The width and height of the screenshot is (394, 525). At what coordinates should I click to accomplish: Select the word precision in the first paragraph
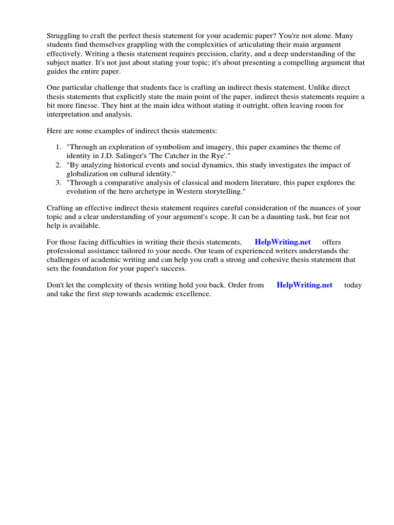(x=233, y=54)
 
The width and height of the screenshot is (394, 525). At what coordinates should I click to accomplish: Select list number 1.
(x=58, y=147)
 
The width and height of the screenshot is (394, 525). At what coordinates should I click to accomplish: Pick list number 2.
(x=58, y=165)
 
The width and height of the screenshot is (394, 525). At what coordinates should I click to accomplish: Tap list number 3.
(x=58, y=183)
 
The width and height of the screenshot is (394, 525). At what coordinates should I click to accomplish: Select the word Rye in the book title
(x=208, y=156)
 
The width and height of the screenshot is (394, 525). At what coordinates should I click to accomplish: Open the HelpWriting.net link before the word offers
(x=283, y=242)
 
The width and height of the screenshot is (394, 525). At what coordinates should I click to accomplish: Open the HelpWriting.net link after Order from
(x=304, y=285)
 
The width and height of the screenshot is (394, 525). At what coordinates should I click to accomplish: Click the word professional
(x=66, y=251)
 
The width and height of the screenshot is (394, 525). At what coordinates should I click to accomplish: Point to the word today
(x=353, y=285)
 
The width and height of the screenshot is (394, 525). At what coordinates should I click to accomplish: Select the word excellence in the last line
(x=193, y=294)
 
